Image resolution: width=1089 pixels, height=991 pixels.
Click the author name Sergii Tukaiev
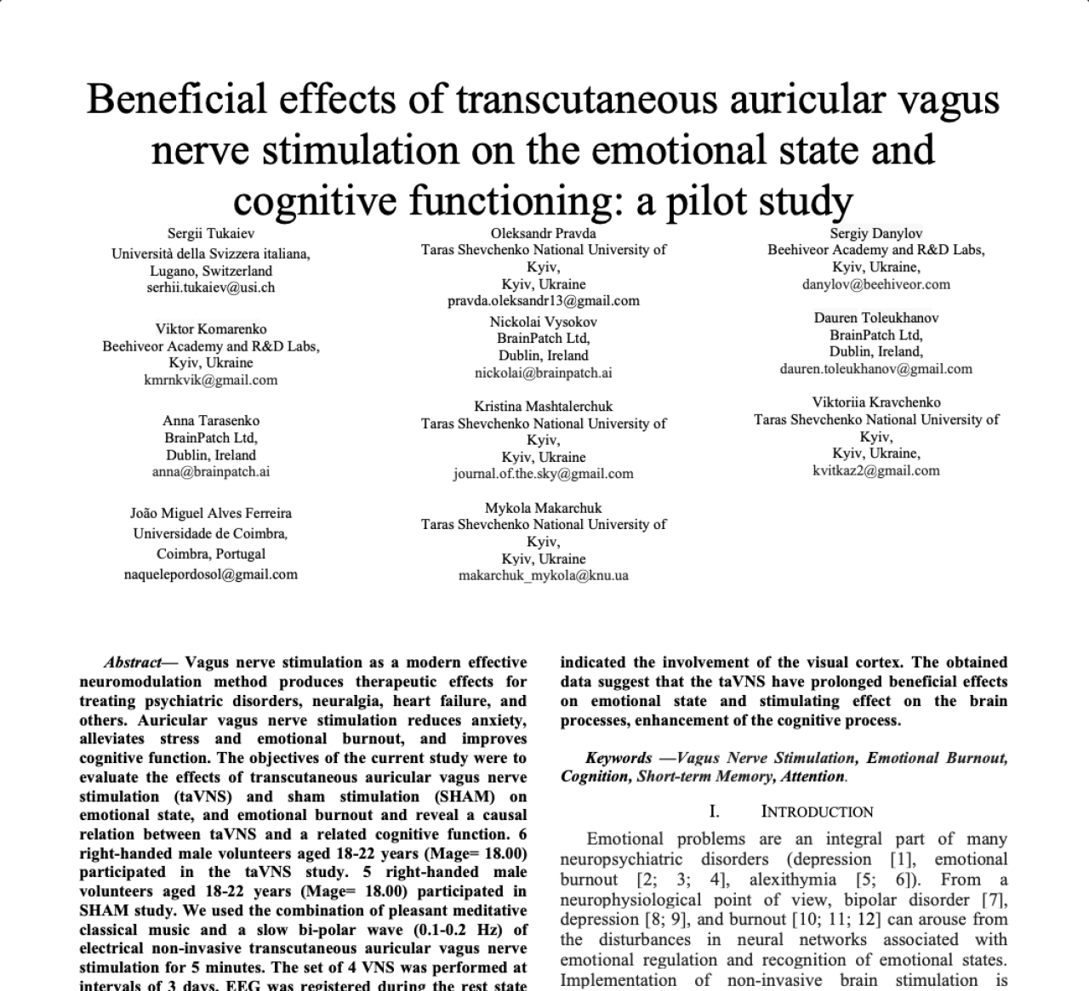click(211, 233)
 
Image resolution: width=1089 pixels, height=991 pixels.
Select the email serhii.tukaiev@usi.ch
click(211, 288)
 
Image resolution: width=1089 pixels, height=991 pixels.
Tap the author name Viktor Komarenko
click(211, 329)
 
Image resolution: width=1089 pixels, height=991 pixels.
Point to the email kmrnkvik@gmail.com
click(211, 380)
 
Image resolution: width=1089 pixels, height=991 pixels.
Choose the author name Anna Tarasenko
click(211, 421)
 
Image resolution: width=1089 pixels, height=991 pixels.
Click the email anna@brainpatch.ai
click(211, 471)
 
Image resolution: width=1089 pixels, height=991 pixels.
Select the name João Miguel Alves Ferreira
click(211, 513)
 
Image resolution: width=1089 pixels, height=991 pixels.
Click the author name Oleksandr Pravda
click(544, 233)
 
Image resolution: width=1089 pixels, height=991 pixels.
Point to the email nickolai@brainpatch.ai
click(544, 373)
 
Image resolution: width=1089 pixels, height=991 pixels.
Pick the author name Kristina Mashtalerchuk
click(544, 407)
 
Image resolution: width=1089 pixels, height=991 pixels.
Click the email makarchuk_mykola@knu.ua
click(544, 575)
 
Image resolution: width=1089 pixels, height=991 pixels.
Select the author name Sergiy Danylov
click(876, 233)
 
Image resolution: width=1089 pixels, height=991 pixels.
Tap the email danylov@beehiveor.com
click(876, 284)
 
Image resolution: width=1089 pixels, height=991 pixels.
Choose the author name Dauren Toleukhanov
click(876, 318)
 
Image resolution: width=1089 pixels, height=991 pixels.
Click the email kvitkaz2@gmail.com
click(876, 470)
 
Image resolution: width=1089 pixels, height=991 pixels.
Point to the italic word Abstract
click(133, 663)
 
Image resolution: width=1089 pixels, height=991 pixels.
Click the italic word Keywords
click(619, 758)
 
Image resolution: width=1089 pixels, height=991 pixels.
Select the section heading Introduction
click(817, 812)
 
